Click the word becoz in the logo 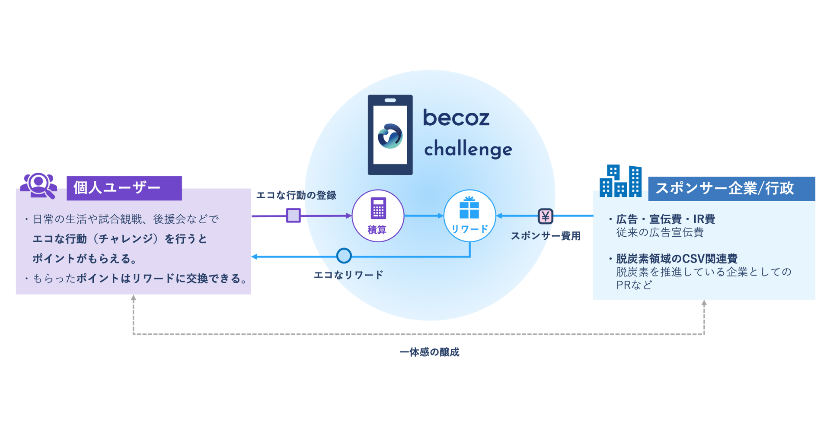456,117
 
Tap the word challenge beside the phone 468,149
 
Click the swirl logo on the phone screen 390,136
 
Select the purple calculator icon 378,208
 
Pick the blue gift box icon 469,208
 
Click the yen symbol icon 545,216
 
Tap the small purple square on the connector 294,215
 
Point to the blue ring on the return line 344,256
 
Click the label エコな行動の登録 296,196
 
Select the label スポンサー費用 546,236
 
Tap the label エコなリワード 348,275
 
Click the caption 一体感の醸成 429,352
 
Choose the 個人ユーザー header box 124,188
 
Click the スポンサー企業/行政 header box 731,189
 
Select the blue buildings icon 621,181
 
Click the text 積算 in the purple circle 377,230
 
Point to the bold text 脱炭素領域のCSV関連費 677,259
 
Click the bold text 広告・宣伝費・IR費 665,219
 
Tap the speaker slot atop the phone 390,101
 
